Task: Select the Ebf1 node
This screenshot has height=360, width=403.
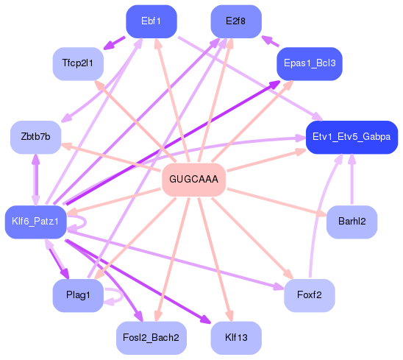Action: [151, 21]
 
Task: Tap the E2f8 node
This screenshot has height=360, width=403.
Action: [236, 21]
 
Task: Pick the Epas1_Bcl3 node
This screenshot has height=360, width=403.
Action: [309, 64]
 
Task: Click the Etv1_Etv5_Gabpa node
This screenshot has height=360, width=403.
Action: [351, 138]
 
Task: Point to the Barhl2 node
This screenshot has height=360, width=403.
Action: [352, 222]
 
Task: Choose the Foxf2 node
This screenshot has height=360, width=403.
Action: [309, 295]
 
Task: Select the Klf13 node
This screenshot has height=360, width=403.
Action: [235, 338]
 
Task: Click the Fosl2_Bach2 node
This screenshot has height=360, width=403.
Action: [151, 338]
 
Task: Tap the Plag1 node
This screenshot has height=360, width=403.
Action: [77, 295]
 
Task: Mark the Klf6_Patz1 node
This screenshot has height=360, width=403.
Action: [35, 222]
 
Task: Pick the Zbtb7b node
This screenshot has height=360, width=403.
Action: [35, 138]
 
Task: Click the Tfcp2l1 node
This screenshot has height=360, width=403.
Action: [77, 64]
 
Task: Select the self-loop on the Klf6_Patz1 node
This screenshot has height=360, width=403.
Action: [82, 220]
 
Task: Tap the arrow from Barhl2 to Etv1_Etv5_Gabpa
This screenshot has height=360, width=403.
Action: [352, 180]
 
